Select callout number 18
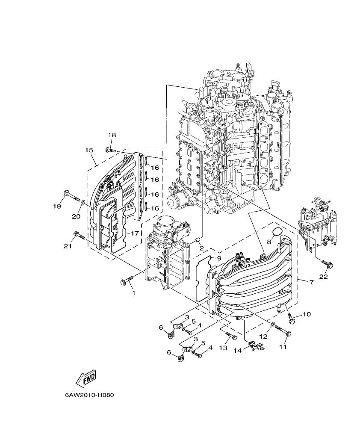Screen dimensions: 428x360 click(112, 135)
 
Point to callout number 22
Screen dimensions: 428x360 click(323, 276)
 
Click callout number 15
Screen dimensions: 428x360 click(89, 150)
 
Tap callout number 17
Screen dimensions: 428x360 click(135, 233)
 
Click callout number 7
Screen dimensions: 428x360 click(311, 283)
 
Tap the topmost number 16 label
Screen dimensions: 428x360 click(154, 167)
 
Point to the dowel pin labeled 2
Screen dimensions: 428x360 click(198, 239)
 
